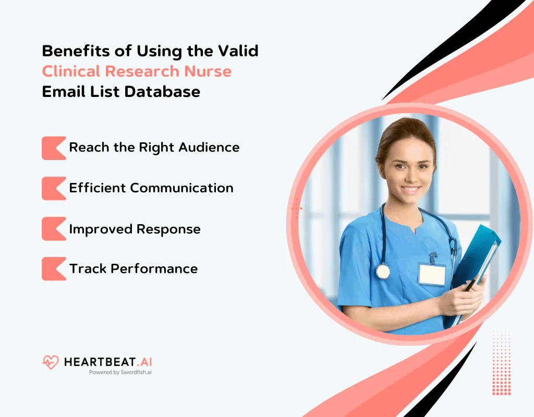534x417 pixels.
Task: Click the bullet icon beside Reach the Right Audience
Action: pos(53,148)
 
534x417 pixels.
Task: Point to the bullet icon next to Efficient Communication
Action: pos(53,188)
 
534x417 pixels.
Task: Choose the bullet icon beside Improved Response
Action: pos(53,229)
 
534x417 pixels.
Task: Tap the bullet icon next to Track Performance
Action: pos(53,268)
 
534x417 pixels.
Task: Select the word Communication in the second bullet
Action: pos(181,188)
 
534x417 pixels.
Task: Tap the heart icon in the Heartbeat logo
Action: pos(50,362)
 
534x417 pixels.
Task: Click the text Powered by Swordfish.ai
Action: pos(120,373)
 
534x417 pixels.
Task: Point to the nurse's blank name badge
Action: pos(432,274)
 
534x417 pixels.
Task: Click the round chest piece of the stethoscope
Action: pos(383,271)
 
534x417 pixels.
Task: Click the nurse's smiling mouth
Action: pos(410,189)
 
